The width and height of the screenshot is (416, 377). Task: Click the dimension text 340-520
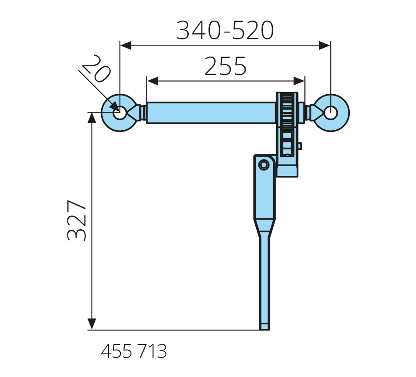tap(225, 30)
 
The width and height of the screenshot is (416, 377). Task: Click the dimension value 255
tap(226, 66)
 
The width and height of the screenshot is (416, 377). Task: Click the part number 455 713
tap(134, 351)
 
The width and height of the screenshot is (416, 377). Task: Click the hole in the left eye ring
tap(120, 113)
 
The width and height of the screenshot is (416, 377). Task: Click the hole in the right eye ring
tap(331, 113)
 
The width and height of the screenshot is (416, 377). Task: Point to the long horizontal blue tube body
tap(211, 113)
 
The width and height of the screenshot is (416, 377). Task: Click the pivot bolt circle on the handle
tap(264, 165)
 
